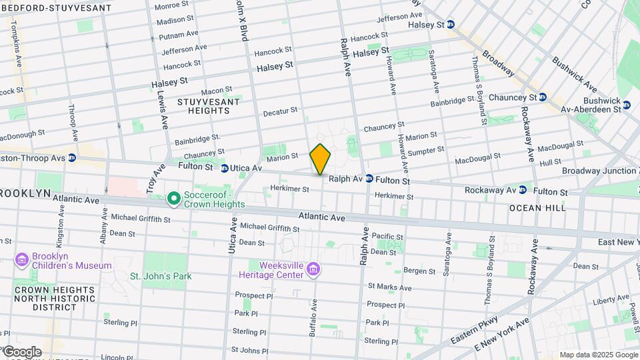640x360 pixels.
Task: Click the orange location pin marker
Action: pos(320,159)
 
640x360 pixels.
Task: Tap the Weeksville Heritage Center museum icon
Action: pos(314,270)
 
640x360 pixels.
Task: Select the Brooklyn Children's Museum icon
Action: pos(21,259)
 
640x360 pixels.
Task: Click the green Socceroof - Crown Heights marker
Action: pos(173,198)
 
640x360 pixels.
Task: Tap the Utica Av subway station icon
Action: pos(225,169)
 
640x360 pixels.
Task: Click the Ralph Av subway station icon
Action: pos(369,179)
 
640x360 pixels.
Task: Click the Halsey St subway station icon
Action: pos(451,24)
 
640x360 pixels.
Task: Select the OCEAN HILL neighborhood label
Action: pos(537,208)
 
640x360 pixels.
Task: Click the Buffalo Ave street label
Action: pos(313,316)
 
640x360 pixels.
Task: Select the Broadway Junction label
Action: pos(599,171)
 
